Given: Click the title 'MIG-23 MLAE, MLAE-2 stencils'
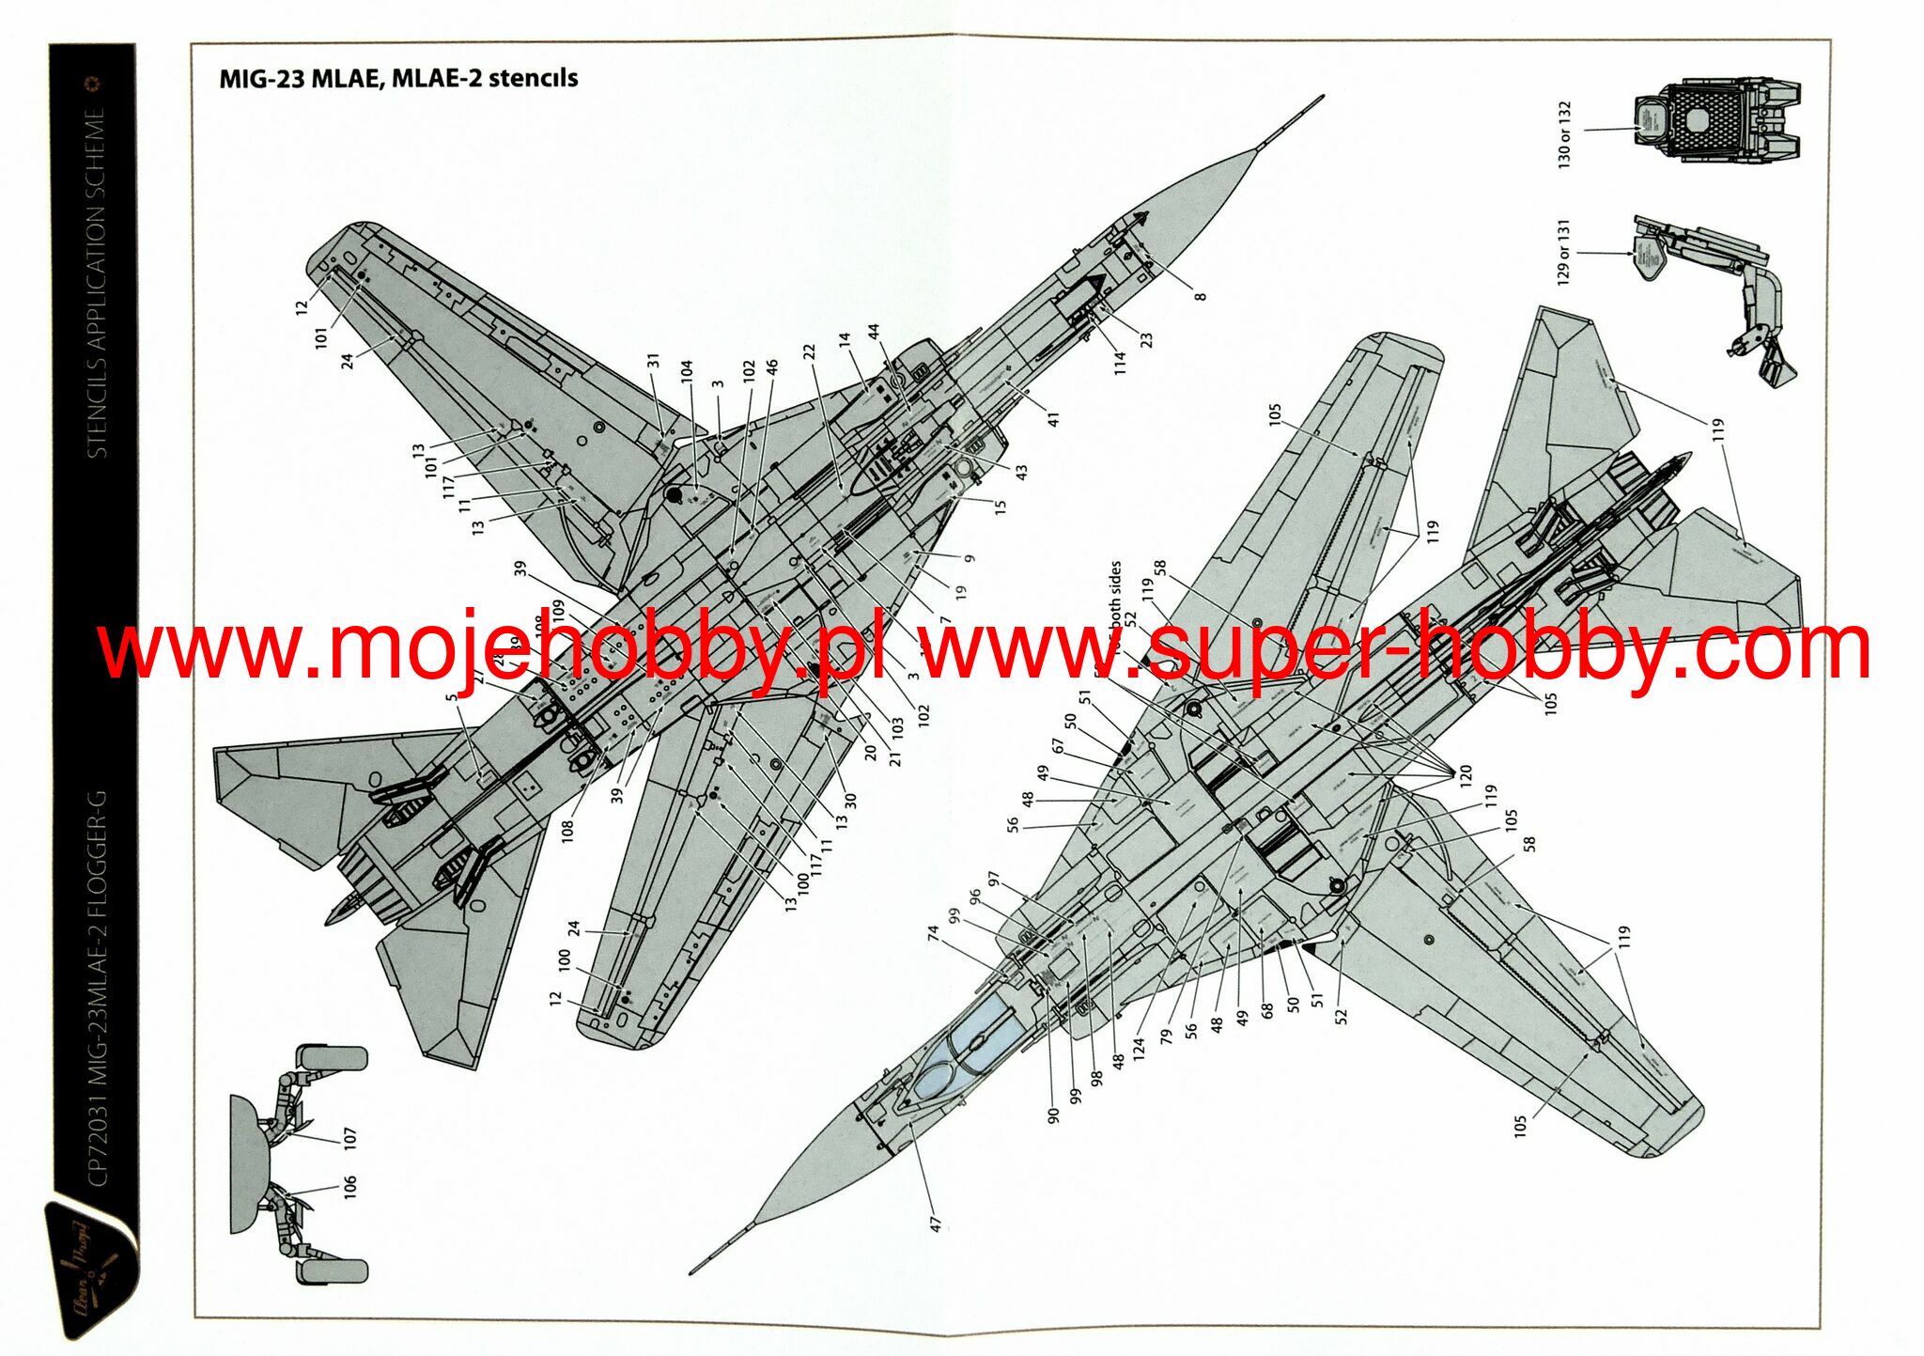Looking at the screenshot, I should (x=398, y=78).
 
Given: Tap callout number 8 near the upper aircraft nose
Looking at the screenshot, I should (x=1200, y=296).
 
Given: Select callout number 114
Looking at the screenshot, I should (x=1120, y=364).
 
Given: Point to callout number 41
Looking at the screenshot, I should (x=1053, y=419).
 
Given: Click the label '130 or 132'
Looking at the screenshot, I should (x=1564, y=134).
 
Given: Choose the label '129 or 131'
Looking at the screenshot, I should (x=1563, y=252).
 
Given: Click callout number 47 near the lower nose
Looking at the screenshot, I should (x=935, y=1224).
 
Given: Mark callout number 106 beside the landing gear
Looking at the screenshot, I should (x=350, y=1187).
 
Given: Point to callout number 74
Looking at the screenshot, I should (x=933, y=933).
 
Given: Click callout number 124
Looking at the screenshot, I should (x=1140, y=1045).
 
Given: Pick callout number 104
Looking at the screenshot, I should (x=686, y=370).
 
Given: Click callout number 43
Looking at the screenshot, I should (x=1021, y=471).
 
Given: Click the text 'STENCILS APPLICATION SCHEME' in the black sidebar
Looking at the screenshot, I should (x=97, y=282).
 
